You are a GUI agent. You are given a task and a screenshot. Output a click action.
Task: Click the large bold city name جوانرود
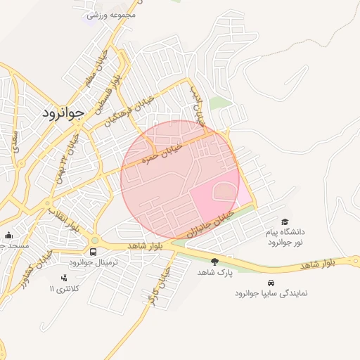(x=63, y=112)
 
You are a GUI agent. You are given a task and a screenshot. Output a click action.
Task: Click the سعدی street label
(x=15, y=139)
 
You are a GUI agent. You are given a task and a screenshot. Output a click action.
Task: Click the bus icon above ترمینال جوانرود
(x=93, y=252)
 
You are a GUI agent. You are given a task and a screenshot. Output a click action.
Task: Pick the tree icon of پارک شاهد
(x=214, y=262)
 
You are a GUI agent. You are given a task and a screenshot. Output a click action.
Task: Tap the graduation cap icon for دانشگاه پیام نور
(x=285, y=221)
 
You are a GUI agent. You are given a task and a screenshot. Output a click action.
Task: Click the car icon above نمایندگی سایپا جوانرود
(x=271, y=283)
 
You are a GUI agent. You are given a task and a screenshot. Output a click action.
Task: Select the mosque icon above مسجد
(x=8, y=236)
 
